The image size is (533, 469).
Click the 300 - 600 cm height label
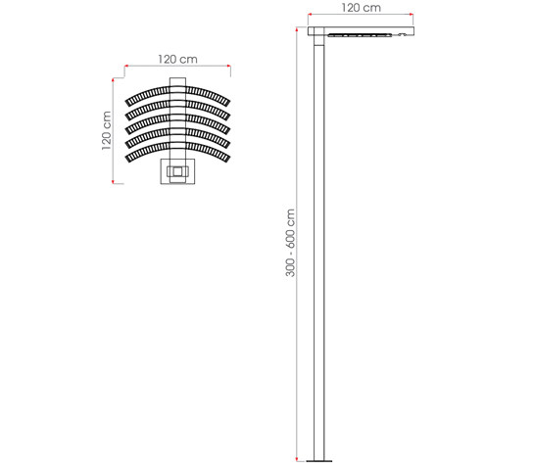coord(290,243)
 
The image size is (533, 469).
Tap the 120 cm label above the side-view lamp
coord(361,8)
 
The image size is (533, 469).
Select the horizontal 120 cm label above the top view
coord(177,59)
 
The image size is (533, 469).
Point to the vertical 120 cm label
coord(107,131)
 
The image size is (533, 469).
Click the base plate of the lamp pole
coord(318,461)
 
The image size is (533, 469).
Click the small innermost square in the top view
coord(177,171)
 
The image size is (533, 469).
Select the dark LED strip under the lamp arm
coord(360,34)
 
